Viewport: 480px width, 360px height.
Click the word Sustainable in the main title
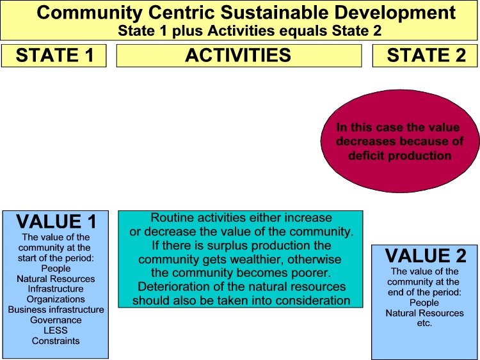275,13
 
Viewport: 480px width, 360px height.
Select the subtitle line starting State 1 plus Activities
250,31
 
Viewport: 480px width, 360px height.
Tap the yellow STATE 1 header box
54,56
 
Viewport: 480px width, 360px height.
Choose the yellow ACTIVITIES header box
239,56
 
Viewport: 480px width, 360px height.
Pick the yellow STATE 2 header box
425,56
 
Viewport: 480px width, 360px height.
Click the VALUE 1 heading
56,221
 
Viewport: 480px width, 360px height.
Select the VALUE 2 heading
426,256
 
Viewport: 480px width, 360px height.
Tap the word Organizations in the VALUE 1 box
56,299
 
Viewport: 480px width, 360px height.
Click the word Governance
56,320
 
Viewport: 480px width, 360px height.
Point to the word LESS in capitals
56,331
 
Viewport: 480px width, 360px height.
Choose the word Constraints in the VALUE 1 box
56,341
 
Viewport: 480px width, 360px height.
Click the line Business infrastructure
56,309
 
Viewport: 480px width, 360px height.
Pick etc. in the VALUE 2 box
424,324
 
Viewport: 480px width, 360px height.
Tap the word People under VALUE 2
424,302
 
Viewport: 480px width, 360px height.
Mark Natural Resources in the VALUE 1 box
56,279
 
